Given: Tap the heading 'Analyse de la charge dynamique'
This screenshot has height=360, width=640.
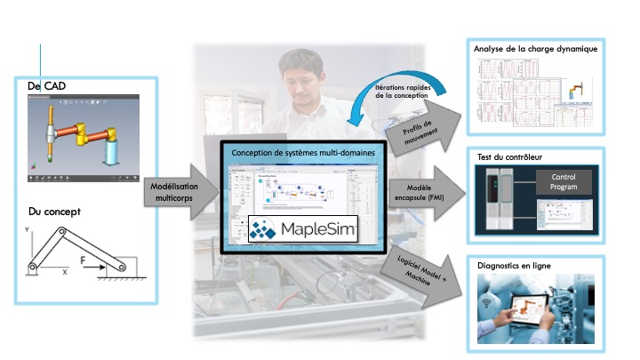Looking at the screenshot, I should click(x=536, y=49).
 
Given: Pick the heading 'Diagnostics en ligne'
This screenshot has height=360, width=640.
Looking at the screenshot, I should click(x=516, y=266).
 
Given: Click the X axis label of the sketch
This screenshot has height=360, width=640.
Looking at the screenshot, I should click(x=64, y=273).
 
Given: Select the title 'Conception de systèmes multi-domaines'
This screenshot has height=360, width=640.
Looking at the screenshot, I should click(x=303, y=154).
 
